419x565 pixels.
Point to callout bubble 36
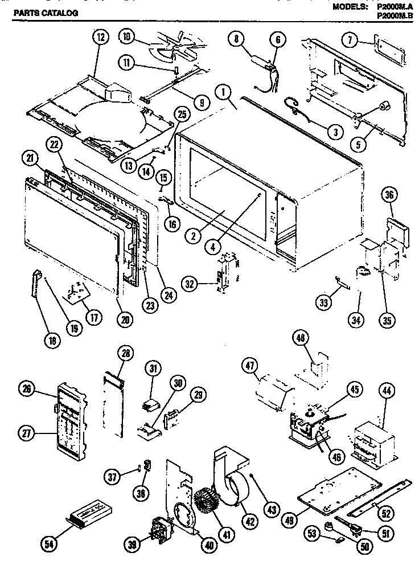390,194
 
